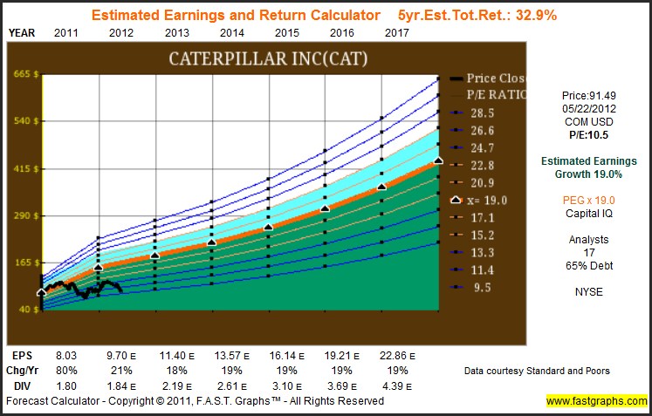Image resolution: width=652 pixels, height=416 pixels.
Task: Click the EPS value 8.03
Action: (x=67, y=357)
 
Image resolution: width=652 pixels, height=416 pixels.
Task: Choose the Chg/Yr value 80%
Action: (x=67, y=371)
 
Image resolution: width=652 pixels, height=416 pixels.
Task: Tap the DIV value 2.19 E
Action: (x=178, y=385)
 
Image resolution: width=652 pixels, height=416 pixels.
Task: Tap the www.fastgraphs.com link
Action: (x=596, y=401)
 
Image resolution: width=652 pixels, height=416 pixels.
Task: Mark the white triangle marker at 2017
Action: (x=438, y=160)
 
